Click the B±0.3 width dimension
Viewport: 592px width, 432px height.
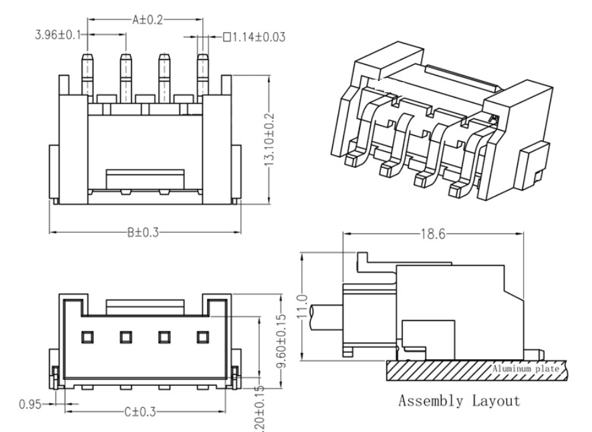tap(144, 233)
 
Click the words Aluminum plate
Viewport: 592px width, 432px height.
tap(524, 368)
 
